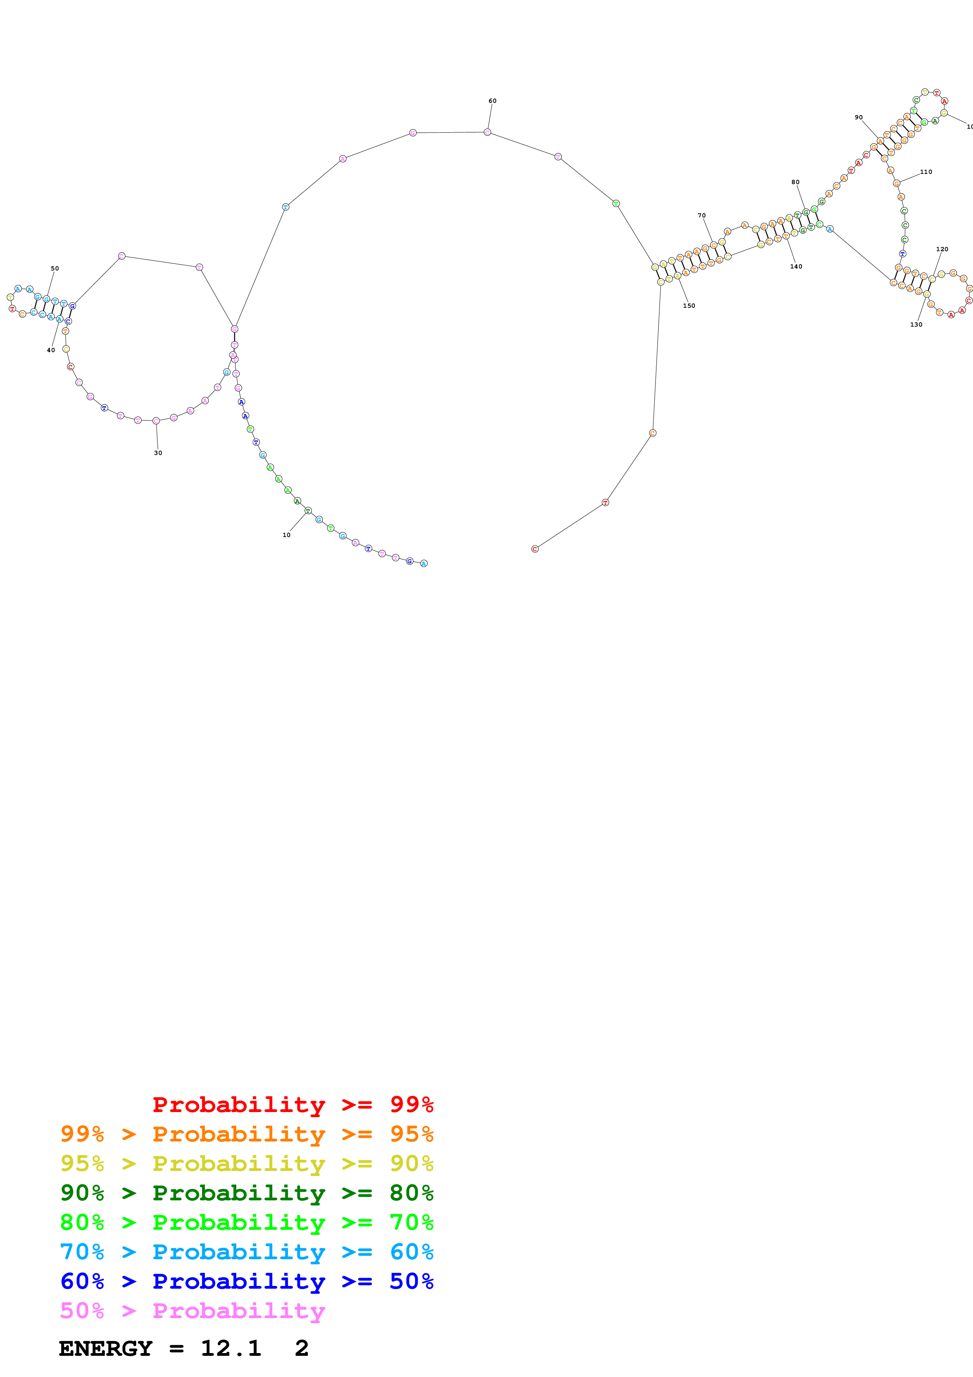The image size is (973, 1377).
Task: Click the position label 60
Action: coord(492,101)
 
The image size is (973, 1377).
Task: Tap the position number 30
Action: coord(158,453)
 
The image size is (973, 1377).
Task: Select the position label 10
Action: coord(287,535)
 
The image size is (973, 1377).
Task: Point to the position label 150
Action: coord(689,306)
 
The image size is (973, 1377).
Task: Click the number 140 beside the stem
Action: coord(796,266)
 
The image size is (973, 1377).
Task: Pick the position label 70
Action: coord(701,215)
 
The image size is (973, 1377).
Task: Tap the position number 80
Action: coord(795,182)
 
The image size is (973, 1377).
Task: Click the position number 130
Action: coord(916,325)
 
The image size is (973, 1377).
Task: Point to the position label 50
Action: coord(55,268)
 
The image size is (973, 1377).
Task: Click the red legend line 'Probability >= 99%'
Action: coord(292,1104)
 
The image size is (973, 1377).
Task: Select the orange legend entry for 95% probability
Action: coord(246,1134)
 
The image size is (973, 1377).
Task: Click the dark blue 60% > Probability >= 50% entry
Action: coord(246,1281)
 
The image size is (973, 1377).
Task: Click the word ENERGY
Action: coord(106,1348)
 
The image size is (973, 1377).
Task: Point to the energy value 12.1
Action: coord(231,1348)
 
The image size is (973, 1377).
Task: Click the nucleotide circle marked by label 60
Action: coord(487,132)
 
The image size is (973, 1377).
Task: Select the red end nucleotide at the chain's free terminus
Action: coord(535,549)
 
